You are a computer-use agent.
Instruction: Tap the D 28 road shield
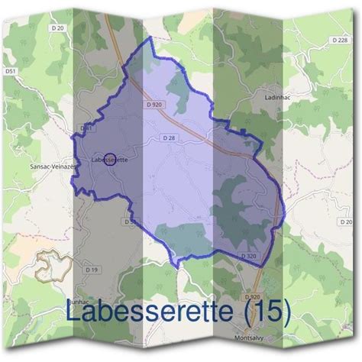[x=170, y=137]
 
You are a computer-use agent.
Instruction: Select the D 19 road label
[x=92, y=270]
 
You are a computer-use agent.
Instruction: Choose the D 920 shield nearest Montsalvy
[x=252, y=296]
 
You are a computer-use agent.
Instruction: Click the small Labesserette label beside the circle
[x=109, y=161]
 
